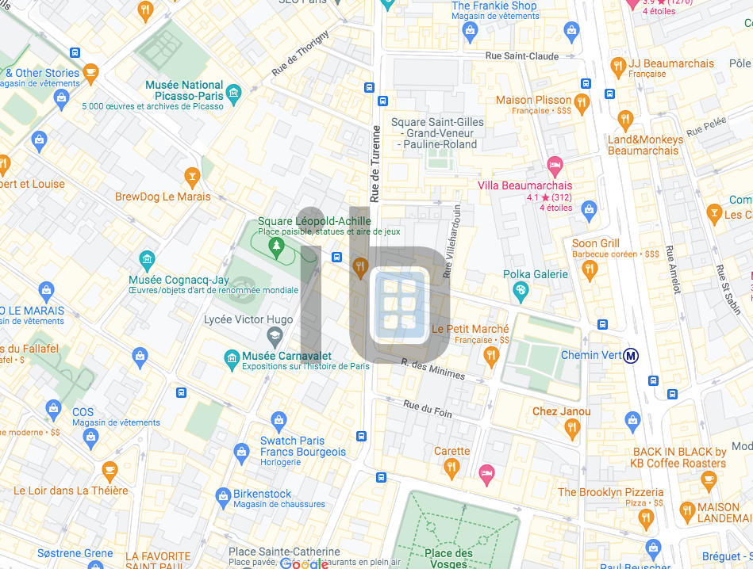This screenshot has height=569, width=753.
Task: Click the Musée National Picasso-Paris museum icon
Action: click(233, 95)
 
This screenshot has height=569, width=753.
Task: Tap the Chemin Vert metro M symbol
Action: click(632, 355)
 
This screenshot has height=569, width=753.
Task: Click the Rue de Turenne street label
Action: click(376, 164)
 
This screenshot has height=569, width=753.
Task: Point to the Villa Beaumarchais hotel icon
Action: click(555, 166)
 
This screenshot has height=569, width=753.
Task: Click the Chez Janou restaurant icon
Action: click(571, 430)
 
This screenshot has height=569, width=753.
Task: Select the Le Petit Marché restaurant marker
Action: click(490, 357)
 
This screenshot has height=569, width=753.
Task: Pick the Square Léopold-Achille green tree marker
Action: click(276, 248)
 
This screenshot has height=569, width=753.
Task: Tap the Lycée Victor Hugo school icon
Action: click(274, 338)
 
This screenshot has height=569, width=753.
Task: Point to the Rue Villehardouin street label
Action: click(452, 242)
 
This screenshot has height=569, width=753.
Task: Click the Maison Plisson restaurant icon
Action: click(582, 103)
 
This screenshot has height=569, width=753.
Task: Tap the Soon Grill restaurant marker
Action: click(589, 270)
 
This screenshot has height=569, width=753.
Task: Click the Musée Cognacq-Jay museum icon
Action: click(146, 260)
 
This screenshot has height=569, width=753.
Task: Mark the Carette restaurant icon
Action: click(451, 469)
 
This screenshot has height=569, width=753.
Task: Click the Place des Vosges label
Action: click(448, 558)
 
